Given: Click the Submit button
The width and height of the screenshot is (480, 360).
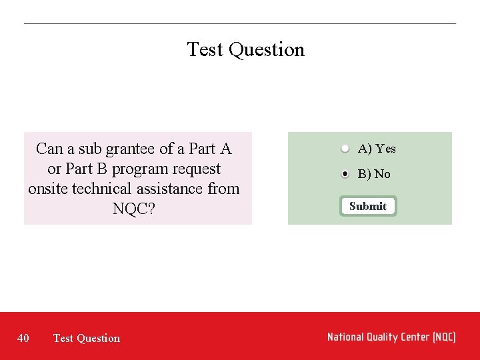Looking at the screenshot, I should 367,206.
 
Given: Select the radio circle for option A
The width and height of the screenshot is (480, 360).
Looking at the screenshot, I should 345,148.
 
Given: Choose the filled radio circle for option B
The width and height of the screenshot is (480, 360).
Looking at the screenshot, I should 345,173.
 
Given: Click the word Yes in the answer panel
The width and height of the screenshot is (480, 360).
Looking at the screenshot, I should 385,149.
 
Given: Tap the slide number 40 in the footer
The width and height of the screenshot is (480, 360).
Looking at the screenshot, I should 23,338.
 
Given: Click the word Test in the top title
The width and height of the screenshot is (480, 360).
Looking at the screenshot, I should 205,49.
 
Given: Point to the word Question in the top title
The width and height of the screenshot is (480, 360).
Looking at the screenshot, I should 266,50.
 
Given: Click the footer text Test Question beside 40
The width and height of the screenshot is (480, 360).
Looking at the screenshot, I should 87,338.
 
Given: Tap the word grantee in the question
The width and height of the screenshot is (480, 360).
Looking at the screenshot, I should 130,149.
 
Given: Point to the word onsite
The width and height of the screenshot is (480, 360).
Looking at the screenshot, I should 48,189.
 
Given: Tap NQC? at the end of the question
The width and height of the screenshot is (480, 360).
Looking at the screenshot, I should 134,209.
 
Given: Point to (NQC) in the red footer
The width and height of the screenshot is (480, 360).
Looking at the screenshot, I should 443,337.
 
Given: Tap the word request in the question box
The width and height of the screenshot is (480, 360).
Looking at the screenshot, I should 195,169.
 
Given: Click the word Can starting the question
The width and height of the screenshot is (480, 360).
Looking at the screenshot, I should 50,149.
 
